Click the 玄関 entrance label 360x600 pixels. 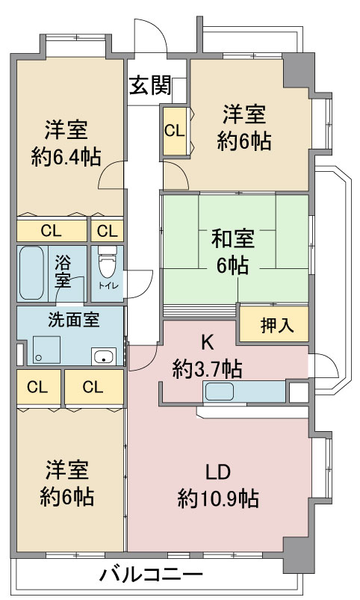pyautogui.click(x=150, y=85)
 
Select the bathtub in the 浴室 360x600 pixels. pyautogui.click(x=31, y=273)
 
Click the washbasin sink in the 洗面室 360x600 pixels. pyautogui.click(x=104, y=356)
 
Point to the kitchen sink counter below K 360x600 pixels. pyautogui.click(x=245, y=392)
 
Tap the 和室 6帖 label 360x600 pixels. pyautogui.click(x=232, y=251)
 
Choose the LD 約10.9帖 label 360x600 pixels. pyautogui.click(x=218, y=486)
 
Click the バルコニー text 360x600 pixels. pyautogui.click(x=151, y=575)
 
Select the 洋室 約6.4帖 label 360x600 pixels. pyautogui.click(x=66, y=143)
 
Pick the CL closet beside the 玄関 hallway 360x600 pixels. pyautogui.click(x=175, y=131)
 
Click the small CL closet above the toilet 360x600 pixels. pyautogui.click(x=108, y=231)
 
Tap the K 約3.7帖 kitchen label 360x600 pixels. pyautogui.click(x=207, y=356)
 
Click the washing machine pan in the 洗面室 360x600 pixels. pyautogui.click(x=46, y=350)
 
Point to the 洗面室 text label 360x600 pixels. pyautogui.click(x=74, y=320)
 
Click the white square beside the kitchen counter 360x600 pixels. pyautogui.click(x=299, y=392)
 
